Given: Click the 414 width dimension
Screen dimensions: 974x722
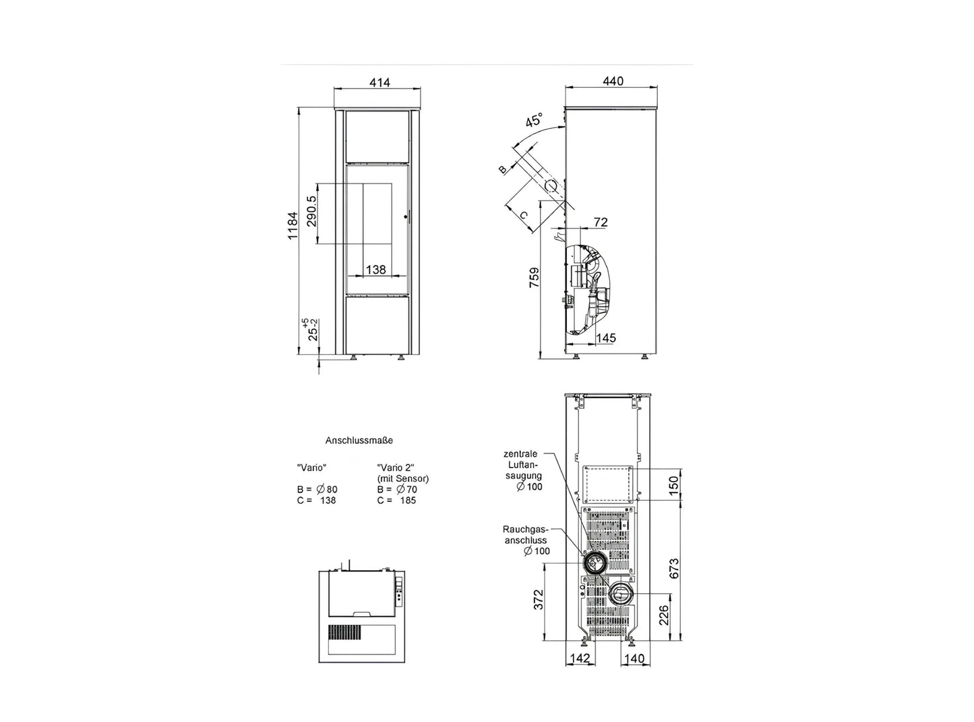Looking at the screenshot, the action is click(379, 82).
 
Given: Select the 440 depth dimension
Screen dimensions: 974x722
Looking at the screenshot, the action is click(613, 81).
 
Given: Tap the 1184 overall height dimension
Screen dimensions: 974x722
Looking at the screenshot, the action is click(293, 226).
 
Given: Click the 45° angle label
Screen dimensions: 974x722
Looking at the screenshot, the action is click(535, 119).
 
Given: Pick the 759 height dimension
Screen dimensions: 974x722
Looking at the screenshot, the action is click(534, 277).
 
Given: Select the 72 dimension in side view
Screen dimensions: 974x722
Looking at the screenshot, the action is click(601, 222).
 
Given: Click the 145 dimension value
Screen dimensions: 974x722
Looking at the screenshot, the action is click(606, 337).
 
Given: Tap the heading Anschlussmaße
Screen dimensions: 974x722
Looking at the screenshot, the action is click(359, 440).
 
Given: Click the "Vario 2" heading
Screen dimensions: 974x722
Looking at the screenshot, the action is click(396, 468).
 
